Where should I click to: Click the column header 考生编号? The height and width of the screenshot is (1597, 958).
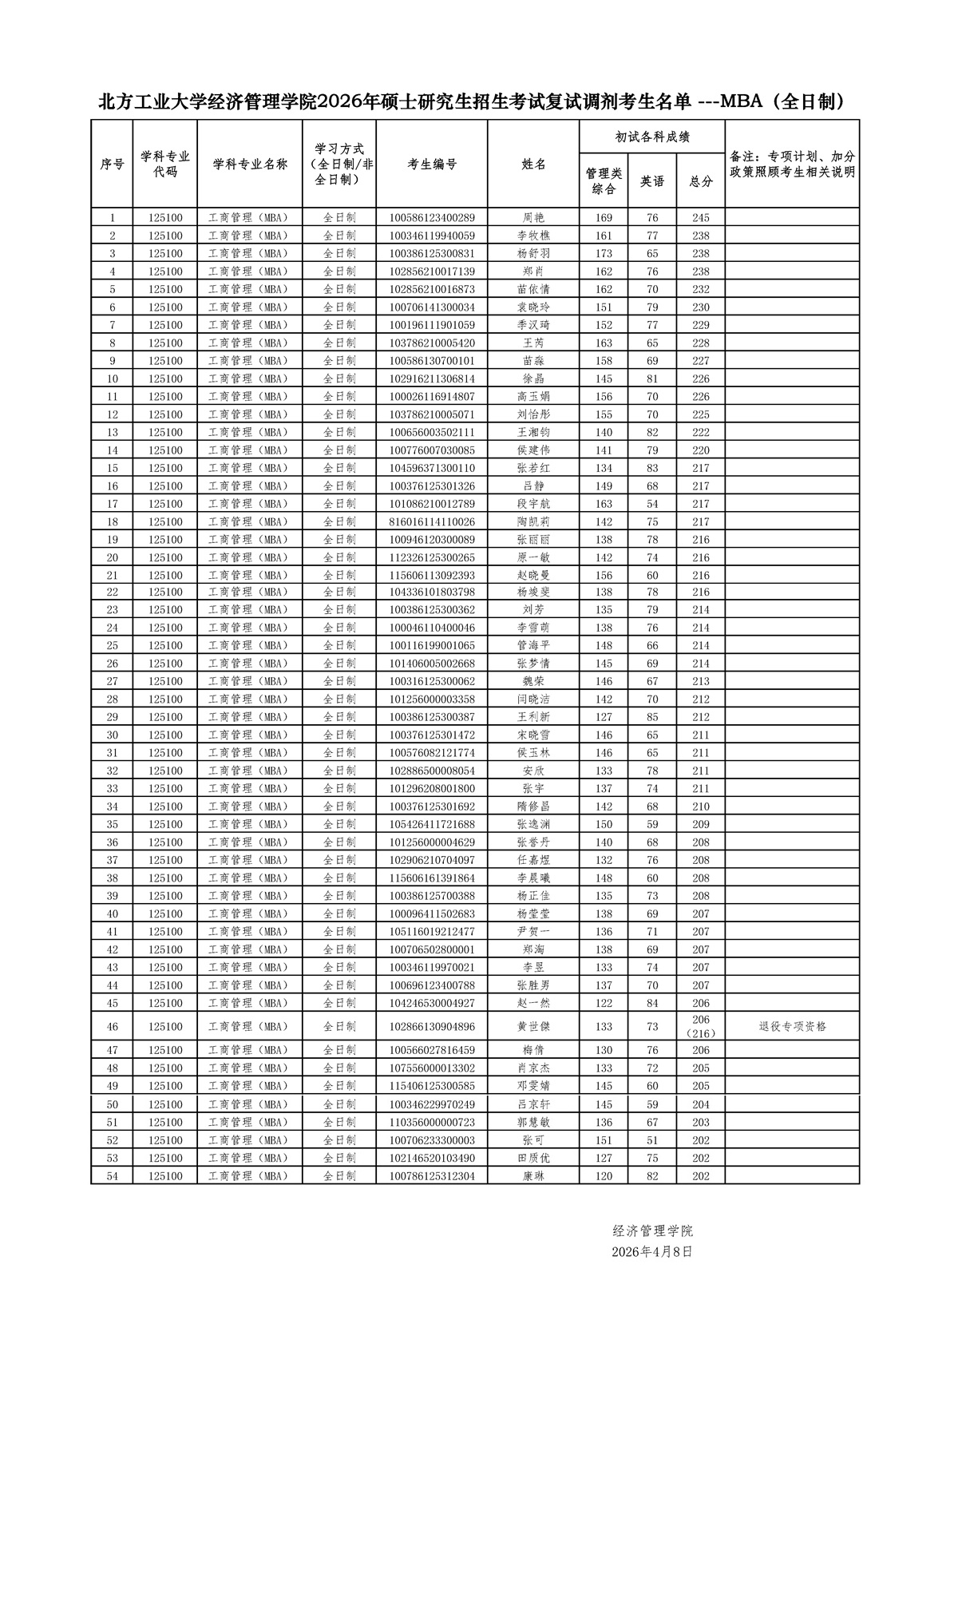[x=432, y=164]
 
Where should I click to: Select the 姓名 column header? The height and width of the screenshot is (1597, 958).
[x=533, y=164]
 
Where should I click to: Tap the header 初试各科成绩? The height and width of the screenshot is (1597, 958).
[x=652, y=137]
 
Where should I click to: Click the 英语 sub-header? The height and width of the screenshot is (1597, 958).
[x=652, y=181]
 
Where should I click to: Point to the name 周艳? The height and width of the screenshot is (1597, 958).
[x=533, y=218]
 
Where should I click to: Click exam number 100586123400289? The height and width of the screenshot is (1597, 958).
[x=432, y=218]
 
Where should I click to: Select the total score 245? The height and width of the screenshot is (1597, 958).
[x=701, y=218]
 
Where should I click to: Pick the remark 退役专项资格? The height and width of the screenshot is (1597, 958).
[x=792, y=1026]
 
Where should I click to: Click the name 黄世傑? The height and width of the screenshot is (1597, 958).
[x=533, y=1026]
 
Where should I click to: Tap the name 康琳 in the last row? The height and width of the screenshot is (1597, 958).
[x=533, y=1176]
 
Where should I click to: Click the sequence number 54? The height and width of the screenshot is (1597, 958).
[x=113, y=1176]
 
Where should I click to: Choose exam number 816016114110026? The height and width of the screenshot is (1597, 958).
[x=432, y=522]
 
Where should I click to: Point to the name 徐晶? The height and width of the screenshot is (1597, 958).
[x=533, y=379]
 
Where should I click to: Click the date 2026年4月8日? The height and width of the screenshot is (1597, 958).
[x=652, y=1252]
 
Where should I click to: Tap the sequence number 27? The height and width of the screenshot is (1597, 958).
[x=113, y=682]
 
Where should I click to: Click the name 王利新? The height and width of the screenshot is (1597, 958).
[x=533, y=717]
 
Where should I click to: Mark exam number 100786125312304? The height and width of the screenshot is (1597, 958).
[x=432, y=1176]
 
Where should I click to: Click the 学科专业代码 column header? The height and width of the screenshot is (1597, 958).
[x=165, y=164]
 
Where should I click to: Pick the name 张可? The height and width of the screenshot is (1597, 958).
[x=533, y=1140]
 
